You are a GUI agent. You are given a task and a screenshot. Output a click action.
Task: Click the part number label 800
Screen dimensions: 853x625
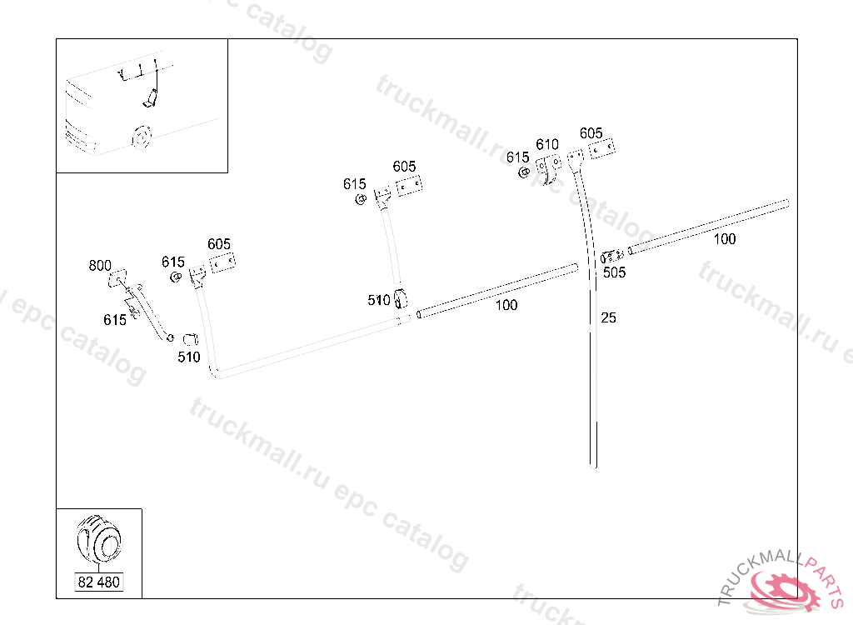click(x=100, y=266)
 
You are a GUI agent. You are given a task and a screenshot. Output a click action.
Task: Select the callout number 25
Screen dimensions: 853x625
click(x=608, y=318)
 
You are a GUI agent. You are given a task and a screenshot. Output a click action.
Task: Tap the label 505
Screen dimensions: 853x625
click(x=614, y=272)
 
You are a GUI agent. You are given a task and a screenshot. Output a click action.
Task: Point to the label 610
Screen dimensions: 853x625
click(x=547, y=145)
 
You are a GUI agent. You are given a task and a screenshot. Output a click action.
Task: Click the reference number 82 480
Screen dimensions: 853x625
click(x=98, y=582)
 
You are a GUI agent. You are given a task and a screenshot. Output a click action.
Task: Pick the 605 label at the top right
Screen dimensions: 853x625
click(x=591, y=133)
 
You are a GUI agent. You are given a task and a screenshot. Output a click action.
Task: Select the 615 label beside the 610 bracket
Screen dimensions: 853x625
click(x=517, y=157)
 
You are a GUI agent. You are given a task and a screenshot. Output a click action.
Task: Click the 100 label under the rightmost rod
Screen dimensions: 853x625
click(x=725, y=239)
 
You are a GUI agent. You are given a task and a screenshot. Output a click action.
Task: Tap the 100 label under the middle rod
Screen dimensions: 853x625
click(x=506, y=306)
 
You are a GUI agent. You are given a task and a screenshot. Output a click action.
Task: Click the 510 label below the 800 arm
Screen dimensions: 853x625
click(x=189, y=357)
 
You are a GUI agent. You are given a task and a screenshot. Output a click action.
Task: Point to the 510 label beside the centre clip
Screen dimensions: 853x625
click(x=379, y=300)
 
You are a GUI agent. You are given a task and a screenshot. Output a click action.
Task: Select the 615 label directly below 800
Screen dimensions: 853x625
click(x=115, y=320)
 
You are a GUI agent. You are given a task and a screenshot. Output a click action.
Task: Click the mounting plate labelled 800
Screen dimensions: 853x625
click(x=117, y=278)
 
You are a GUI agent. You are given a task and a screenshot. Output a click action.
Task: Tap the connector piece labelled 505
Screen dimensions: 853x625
click(x=612, y=256)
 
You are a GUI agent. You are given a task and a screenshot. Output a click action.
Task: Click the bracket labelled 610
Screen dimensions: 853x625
click(x=550, y=168)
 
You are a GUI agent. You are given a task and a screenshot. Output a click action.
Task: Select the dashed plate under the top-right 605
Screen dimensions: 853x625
click(x=601, y=148)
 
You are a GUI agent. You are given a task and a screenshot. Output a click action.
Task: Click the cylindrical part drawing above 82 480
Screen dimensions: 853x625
click(x=99, y=539)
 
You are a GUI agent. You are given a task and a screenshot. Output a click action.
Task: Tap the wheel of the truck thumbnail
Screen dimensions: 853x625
click(x=142, y=137)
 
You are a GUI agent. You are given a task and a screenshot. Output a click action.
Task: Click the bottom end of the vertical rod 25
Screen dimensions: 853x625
click(x=593, y=466)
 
